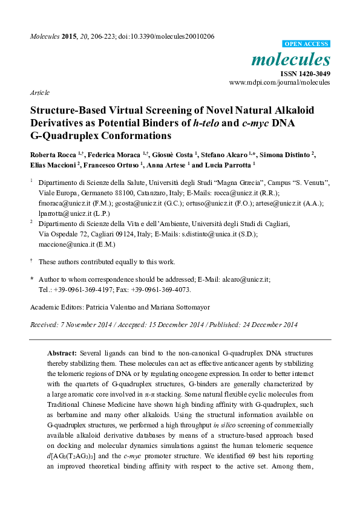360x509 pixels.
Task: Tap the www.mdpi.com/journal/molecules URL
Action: pyautogui.click(x=280, y=82)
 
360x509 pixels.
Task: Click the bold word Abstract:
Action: pyautogui.click(x=62, y=351)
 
